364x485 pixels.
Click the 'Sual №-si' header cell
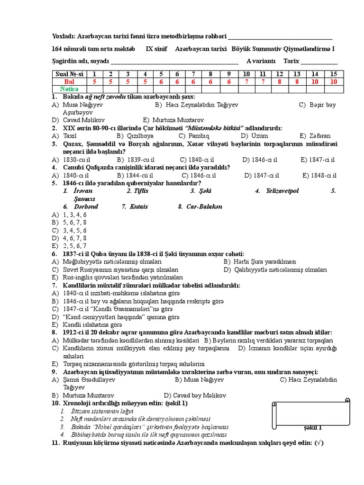pos(69,74)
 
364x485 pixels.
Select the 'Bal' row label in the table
pos(69,81)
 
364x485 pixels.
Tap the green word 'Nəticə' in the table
pos(69,89)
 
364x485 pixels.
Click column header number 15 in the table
pos(334,74)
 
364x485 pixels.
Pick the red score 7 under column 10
pos(246,81)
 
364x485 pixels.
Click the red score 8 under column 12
pos(280,81)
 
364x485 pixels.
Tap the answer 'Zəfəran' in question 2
pos(320,135)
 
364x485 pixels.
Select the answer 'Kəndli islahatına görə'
pos(93,325)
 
